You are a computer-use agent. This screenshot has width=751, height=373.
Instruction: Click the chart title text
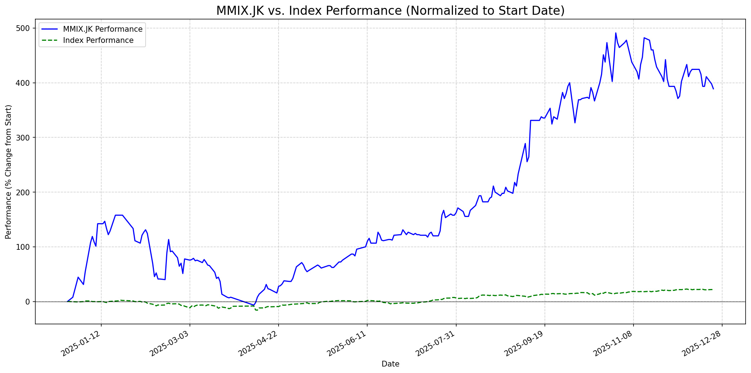390,11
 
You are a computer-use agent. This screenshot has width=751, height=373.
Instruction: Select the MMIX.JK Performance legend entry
103,29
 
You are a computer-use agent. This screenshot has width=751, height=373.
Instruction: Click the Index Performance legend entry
98,40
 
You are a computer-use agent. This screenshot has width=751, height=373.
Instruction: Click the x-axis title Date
390,364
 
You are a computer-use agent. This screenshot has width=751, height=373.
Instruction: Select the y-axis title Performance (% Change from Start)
9,172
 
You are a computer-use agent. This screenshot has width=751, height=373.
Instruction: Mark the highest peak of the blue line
616,33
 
